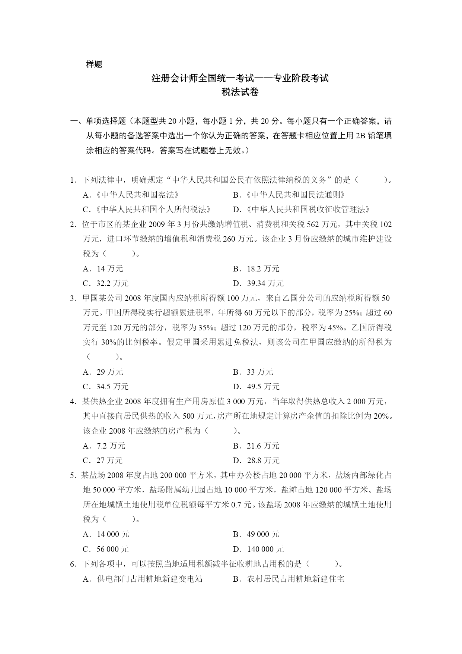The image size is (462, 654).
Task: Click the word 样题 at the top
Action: pyautogui.click(x=94, y=64)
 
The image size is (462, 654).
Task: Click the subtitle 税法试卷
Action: pyautogui.click(x=240, y=92)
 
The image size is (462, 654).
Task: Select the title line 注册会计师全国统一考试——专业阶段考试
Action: pyautogui.click(x=240, y=78)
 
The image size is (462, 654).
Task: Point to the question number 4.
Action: pyautogui.click(x=73, y=402)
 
